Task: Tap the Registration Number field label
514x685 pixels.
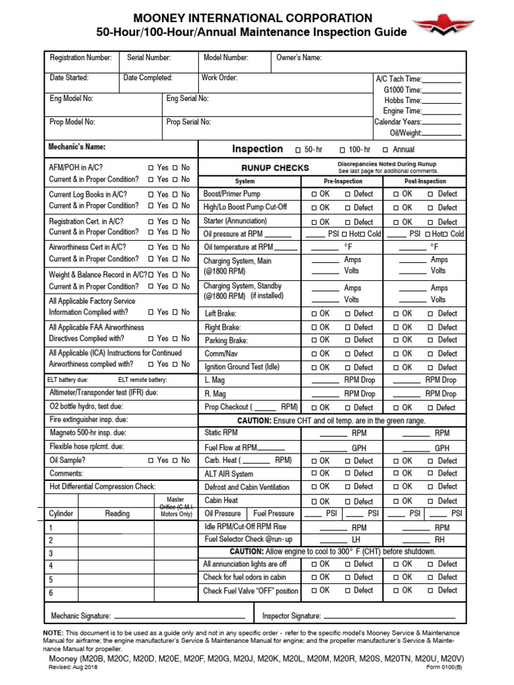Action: pyautogui.click(x=81, y=58)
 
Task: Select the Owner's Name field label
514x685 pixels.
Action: pyautogui.click(x=299, y=58)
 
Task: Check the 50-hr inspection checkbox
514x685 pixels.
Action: pyautogui.click(x=298, y=150)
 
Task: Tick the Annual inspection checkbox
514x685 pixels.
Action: pyautogui.click(x=385, y=150)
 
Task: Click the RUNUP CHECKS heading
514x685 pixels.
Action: pyautogui.click(x=275, y=168)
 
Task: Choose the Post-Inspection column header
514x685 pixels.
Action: pyautogui.click(x=425, y=181)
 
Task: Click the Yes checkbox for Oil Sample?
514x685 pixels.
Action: pyautogui.click(x=151, y=460)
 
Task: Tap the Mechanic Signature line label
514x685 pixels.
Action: pyautogui.click(x=81, y=615)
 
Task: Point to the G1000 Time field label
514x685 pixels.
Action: pyautogui.click(x=402, y=90)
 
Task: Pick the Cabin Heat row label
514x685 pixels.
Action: pyautogui.click(x=221, y=500)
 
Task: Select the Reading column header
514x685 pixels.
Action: pyautogui.click(x=117, y=514)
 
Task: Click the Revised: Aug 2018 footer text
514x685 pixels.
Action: pyautogui.click(x=68, y=668)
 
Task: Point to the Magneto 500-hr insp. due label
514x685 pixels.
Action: pyautogui.click(x=92, y=433)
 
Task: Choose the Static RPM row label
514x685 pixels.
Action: pyautogui.click(x=221, y=433)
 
